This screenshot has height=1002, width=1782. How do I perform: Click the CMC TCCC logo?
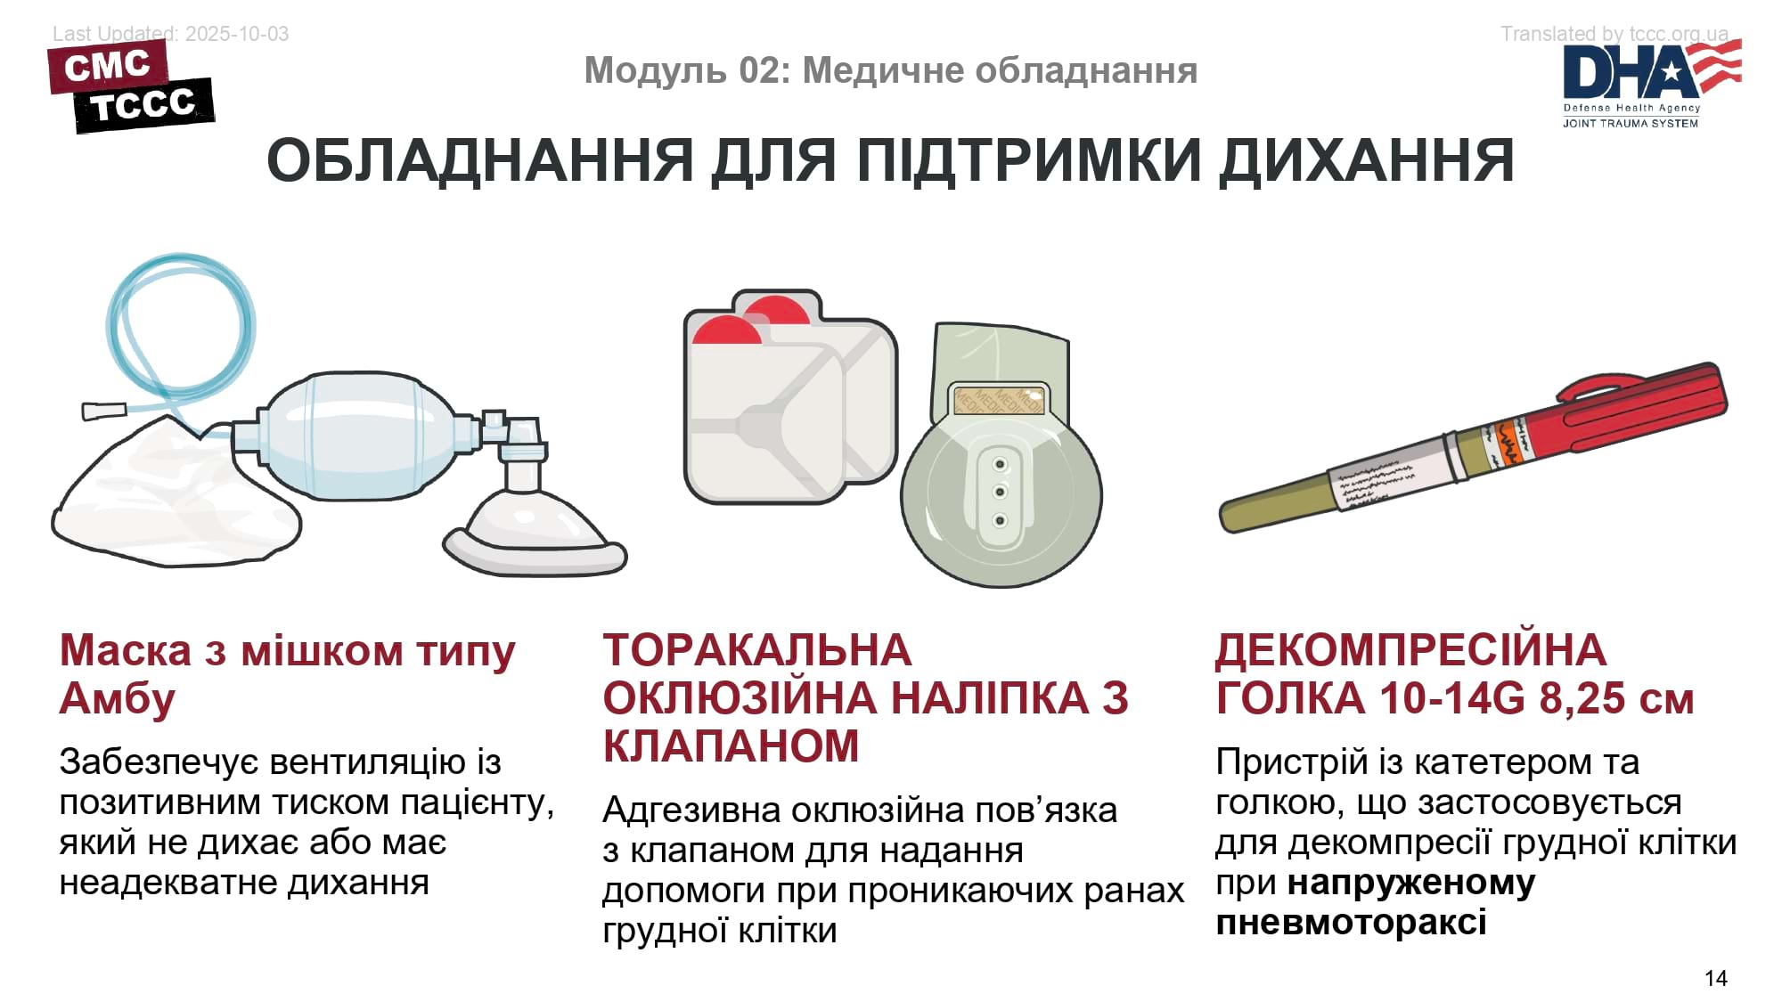131,87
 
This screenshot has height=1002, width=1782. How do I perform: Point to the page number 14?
1715,978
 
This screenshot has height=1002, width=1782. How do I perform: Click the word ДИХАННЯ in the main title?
1367,161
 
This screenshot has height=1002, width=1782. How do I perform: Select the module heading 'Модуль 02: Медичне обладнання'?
890,70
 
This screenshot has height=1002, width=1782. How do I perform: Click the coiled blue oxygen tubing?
178,330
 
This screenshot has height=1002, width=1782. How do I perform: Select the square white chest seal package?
789,401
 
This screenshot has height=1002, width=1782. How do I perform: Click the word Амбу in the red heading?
117,698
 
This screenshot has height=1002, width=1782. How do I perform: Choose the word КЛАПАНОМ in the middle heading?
731,746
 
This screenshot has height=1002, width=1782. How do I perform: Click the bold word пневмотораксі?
1351,923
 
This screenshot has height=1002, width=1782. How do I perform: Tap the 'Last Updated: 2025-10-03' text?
170,34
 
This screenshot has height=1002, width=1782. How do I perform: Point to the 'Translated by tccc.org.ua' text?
1614,34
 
